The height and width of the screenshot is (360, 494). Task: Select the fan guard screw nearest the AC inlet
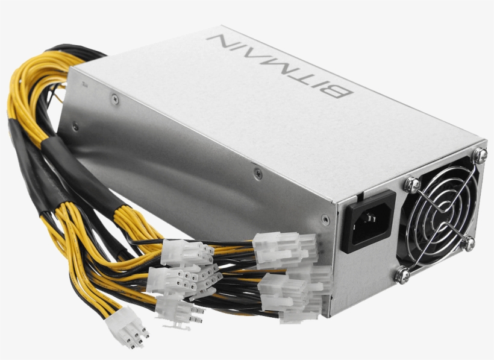point(412,184)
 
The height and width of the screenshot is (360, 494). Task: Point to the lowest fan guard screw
point(403,276)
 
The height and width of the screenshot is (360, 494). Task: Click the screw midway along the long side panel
point(258,173)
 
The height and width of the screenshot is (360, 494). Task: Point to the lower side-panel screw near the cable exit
point(75,126)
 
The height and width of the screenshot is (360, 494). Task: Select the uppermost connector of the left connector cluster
point(187,252)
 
